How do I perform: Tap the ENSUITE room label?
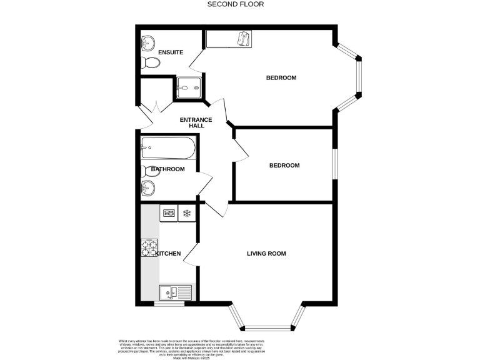171,52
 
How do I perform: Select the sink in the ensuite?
148,43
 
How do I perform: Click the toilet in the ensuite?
151,62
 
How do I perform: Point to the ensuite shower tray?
189,87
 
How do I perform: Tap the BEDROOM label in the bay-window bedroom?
281,78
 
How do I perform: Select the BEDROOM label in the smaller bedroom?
284,166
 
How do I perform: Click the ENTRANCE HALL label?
196,122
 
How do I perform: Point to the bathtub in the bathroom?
168,149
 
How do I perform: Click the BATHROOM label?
167,169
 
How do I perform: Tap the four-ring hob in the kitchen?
150,249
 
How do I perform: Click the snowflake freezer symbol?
186,214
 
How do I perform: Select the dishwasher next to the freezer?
169,214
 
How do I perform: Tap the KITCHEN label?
168,254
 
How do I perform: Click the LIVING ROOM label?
266,254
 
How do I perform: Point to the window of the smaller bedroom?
334,165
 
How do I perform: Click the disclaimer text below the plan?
240,346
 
